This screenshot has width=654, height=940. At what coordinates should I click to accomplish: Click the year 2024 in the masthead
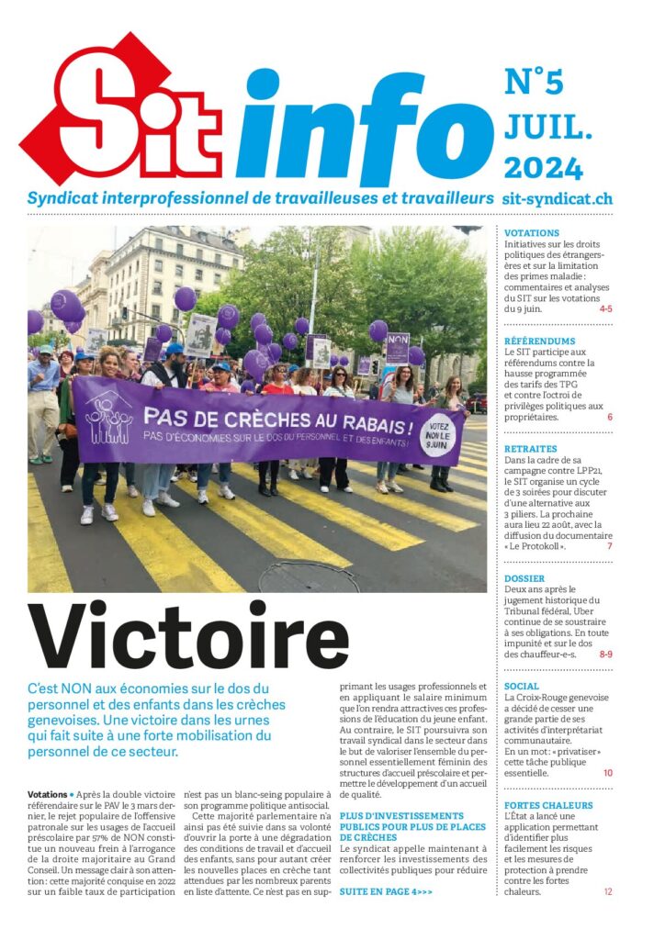point(543,168)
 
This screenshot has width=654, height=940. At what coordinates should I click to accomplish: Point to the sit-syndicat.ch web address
point(558,198)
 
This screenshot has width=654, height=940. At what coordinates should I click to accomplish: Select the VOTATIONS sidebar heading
point(532,233)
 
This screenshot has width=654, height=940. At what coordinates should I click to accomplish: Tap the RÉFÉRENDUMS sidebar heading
point(540,341)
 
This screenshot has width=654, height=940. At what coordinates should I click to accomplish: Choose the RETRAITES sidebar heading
point(531,449)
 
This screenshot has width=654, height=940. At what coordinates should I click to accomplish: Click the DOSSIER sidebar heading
point(525,579)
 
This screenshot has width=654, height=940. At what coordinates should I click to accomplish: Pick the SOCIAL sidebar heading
point(522,686)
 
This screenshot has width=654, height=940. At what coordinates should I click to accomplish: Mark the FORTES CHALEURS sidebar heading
point(549,805)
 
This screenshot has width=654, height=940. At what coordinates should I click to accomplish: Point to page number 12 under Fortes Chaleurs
point(607,891)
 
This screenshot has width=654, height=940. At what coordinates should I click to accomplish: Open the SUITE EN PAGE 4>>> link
point(386,891)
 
